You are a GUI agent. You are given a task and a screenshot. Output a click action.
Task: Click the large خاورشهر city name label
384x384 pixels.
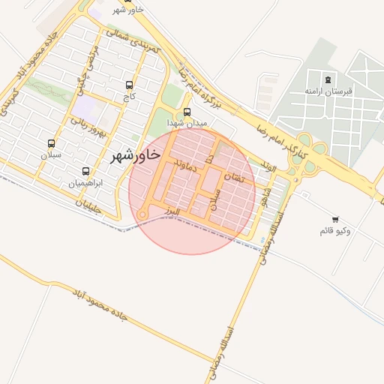[x=135, y=155]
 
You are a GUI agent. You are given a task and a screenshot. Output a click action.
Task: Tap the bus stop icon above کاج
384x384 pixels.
[x=130, y=85]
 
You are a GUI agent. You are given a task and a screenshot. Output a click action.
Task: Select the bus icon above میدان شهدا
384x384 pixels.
[x=187, y=112]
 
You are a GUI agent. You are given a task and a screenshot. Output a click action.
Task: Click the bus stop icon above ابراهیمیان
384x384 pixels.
[x=85, y=171]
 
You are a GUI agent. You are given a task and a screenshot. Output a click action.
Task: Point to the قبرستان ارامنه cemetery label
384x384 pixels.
[x=328, y=91]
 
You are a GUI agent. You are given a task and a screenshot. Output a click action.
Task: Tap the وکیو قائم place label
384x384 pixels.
[x=334, y=229]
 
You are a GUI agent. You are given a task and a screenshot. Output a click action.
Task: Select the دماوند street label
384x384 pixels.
[x=184, y=166]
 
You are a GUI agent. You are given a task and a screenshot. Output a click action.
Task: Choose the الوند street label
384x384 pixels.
[x=267, y=166]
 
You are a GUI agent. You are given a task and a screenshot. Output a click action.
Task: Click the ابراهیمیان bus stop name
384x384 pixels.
[x=85, y=183]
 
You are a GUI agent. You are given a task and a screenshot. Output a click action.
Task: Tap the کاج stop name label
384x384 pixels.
[x=129, y=97]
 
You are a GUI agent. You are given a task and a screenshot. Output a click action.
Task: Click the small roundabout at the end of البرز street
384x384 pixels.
[x=142, y=215]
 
